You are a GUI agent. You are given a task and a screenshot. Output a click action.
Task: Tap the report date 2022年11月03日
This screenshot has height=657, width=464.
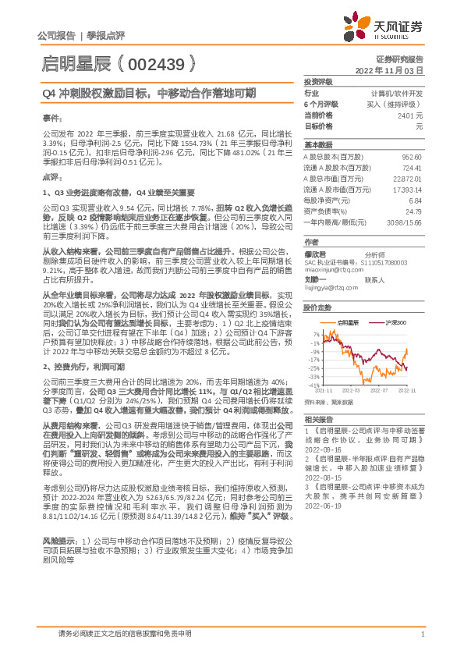coord(397,69)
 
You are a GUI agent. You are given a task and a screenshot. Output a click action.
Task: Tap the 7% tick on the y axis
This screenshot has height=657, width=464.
coord(315,332)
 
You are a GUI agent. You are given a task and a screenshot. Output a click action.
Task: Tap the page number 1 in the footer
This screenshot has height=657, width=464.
coord(421,634)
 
